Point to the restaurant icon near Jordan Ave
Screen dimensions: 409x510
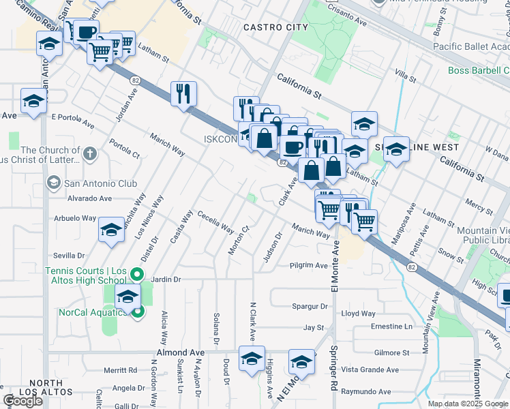(x=183, y=93)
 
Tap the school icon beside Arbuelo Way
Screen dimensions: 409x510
(x=111, y=229)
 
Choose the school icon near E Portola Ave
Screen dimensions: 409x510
(x=33, y=101)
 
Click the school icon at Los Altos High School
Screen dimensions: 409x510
(x=127, y=297)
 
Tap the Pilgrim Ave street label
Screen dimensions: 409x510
(x=308, y=265)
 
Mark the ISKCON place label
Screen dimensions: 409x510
(x=220, y=139)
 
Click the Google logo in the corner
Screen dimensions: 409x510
(x=22, y=401)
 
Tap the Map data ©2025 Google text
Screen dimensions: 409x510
(x=467, y=404)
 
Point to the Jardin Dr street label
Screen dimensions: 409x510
(x=166, y=279)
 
